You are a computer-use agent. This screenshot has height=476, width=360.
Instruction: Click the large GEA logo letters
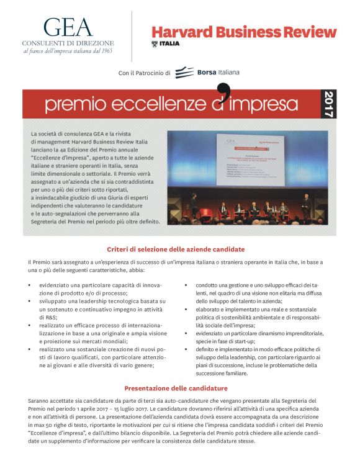(68, 27)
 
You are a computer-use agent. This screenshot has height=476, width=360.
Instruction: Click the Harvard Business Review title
(244, 32)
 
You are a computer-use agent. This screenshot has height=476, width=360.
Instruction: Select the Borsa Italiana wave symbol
(184, 73)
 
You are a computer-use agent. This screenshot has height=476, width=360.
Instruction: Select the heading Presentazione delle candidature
(176, 388)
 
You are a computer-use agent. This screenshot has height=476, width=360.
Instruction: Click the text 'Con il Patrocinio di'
(144, 73)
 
